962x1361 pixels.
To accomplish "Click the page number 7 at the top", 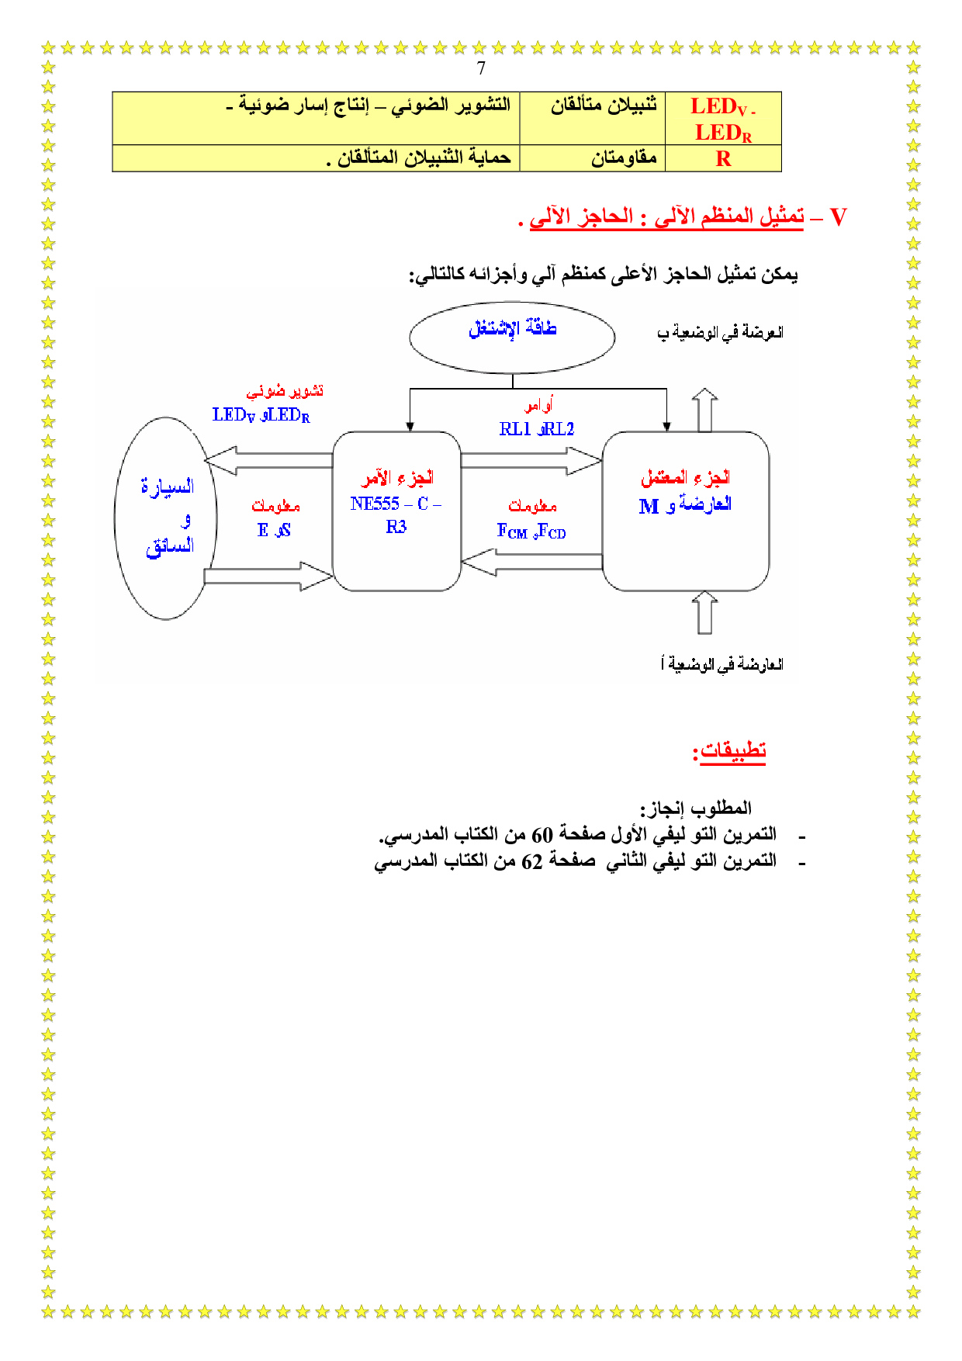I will pos(481,68).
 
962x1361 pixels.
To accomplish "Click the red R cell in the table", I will pos(723,159).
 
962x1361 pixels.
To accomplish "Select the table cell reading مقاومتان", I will pos(624,159).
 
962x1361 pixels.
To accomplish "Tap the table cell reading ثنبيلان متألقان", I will pos(604,106).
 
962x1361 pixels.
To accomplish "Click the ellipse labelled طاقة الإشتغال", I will pos(512,337).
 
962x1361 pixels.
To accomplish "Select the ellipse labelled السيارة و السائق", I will pos(166,518).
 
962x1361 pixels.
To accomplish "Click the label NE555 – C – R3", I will pos(396,514).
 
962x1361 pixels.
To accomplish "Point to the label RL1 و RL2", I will pos(537,429).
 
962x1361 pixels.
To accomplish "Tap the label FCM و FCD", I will pos(531,532).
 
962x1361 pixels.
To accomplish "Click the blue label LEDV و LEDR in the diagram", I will pos(261,415).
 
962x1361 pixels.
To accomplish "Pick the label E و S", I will pos(274,531).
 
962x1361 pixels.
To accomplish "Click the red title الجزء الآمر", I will pos(397,478).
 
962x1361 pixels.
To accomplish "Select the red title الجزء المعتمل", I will pos(686,478).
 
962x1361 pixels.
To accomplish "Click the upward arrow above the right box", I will pos(704,409).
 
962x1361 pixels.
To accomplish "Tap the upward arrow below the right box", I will pos(704,612).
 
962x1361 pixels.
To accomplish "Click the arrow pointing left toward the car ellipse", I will pos(268,460).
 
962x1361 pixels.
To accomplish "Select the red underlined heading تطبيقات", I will pos(732,751).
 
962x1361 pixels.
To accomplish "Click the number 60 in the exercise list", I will pos(542,835).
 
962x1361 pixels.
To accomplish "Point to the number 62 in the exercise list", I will pos(532,861).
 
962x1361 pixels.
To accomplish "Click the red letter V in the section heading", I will pos(838,217).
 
